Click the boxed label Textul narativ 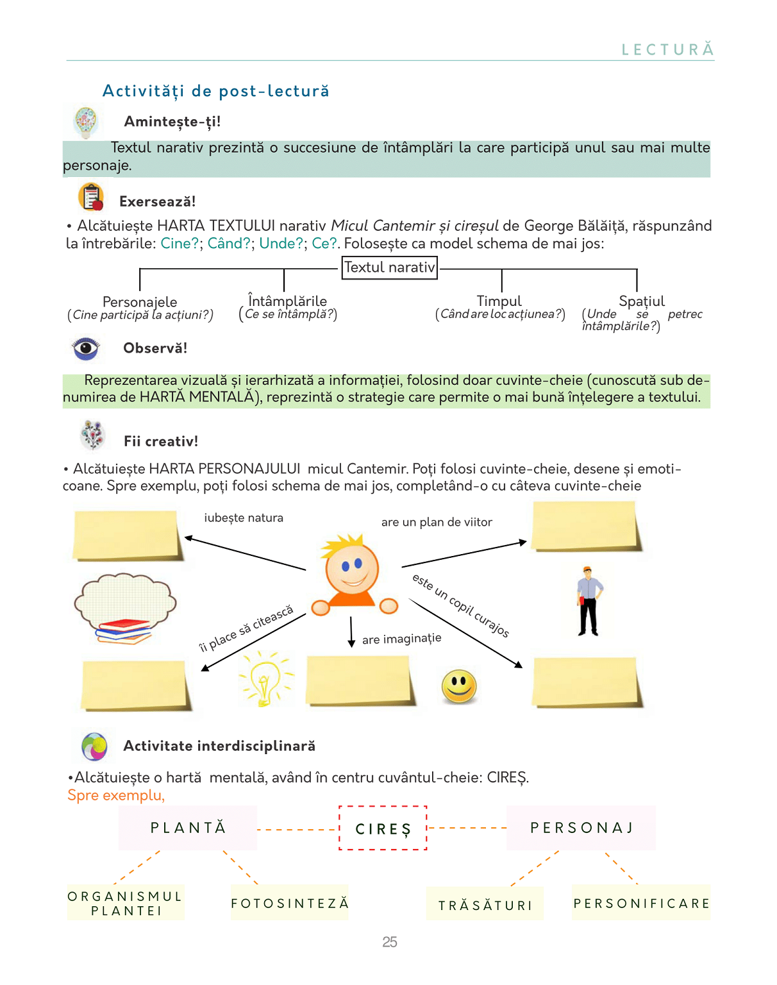click(390, 267)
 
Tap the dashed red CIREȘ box click(383, 828)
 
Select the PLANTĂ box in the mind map click(188, 828)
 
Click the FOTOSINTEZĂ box click(290, 903)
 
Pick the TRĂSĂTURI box click(485, 904)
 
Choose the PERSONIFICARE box click(641, 903)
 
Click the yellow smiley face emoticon click(459, 686)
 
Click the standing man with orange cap click(589, 602)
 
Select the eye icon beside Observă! click(86, 349)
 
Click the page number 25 click(390, 941)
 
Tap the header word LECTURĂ click(667, 50)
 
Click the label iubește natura click(244, 518)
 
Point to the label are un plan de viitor click(437, 522)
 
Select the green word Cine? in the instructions click(180, 244)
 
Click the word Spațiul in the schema click(642, 301)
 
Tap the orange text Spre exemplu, click(116, 795)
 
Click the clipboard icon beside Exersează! click(92, 197)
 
